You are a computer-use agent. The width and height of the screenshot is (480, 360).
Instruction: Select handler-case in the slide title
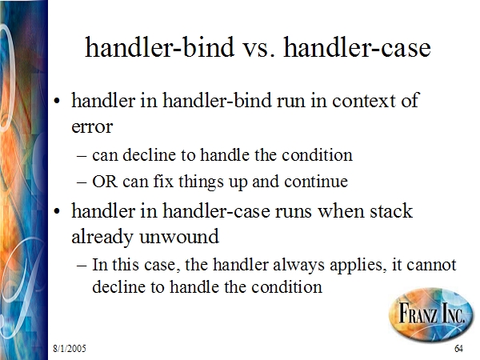coord(358,46)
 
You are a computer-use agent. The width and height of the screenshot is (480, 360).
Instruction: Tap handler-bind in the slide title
coord(159,46)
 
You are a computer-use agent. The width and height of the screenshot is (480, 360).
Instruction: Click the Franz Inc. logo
coord(432,314)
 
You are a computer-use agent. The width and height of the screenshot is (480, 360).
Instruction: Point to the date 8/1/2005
coord(70,348)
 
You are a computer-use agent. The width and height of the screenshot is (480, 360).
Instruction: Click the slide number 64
coord(458,348)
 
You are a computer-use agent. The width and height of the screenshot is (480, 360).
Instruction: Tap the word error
coord(92,126)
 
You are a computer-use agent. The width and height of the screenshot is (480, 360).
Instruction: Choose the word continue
coord(316,182)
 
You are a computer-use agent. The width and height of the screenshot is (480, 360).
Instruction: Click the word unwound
coord(179,237)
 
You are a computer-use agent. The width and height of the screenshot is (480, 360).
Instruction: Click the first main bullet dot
coord(57,101)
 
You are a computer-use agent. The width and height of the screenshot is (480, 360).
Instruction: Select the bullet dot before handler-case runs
coord(57,211)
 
